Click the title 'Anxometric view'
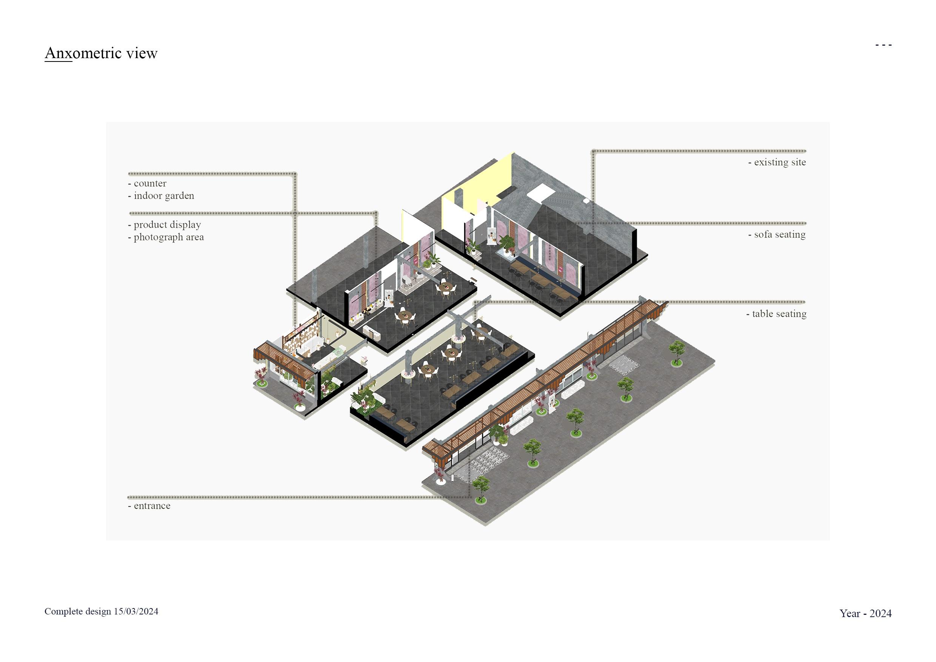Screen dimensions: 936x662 pyautogui.click(x=101, y=53)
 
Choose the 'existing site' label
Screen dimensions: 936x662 pyautogui.click(x=779, y=162)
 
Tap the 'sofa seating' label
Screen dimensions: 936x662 pyautogui.click(x=779, y=234)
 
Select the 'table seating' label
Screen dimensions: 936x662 pyautogui.click(x=778, y=314)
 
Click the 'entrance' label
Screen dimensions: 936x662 pyautogui.click(x=151, y=506)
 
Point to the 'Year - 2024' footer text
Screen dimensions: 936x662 pyautogui.click(x=865, y=613)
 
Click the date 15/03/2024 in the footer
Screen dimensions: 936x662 pyautogui.click(x=136, y=611)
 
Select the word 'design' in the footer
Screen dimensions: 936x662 pyautogui.click(x=98, y=611)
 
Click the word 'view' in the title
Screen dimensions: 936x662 pyautogui.click(x=142, y=53)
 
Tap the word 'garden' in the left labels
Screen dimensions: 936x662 pyautogui.click(x=178, y=196)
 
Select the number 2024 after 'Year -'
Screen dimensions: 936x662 pyautogui.click(x=881, y=613)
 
